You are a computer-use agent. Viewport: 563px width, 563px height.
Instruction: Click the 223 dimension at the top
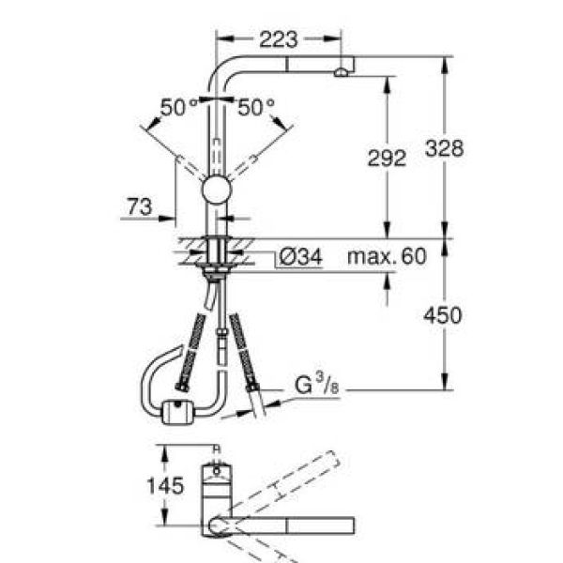tap(279, 39)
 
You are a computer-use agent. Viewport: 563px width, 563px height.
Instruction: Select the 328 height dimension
tap(444, 148)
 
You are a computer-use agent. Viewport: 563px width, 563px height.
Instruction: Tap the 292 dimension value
tap(387, 158)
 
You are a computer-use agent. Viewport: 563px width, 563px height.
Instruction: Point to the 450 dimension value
tap(443, 315)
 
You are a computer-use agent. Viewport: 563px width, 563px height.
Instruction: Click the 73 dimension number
tap(140, 206)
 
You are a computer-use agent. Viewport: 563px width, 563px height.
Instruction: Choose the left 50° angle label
tap(178, 107)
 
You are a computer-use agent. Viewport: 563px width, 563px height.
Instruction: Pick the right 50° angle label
tap(256, 107)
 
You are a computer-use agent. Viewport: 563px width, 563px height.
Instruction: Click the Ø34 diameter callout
tap(301, 257)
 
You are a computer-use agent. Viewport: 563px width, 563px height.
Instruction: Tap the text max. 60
tap(387, 256)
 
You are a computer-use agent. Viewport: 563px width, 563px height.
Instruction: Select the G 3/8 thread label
tap(317, 384)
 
